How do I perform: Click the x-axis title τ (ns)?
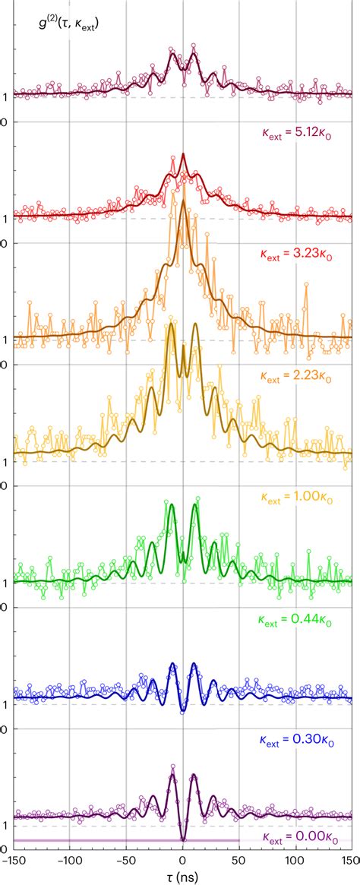(182, 876)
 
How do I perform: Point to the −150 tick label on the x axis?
(12, 858)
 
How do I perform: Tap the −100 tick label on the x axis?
(69, 858)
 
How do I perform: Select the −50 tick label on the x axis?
(125, 858)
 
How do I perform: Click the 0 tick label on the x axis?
(183, 858)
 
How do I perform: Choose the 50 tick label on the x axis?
(239, 858)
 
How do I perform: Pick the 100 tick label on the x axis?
(295, 858)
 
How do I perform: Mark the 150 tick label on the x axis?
(350, 858)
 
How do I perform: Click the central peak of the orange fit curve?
(182, 209)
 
